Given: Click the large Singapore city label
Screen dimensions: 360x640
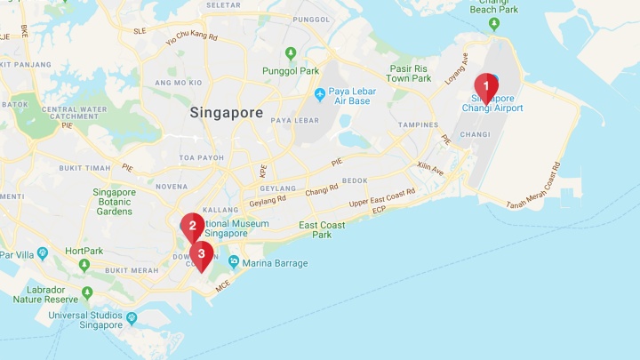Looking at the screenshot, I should pyautogui.click(x=226, y=113).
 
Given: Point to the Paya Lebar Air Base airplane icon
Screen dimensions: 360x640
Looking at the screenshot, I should pyautogui.click(x=320, y=94).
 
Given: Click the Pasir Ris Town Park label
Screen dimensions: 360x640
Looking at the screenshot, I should pyautogui.click(x=410, y=73).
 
